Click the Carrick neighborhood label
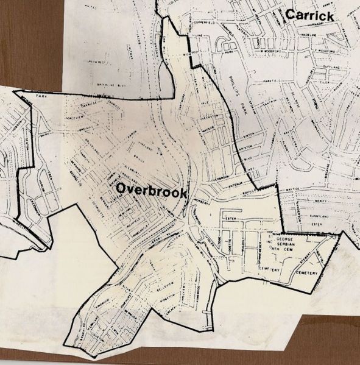click(x=311, y=16)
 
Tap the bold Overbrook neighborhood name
click(x=151, y=190)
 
